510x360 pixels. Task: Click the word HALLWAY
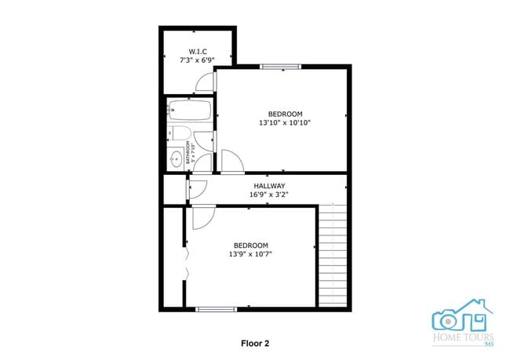(x=268, y=186)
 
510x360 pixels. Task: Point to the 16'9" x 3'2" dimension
(x=268, y=195)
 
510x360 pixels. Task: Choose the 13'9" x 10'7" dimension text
(x=251, y=254)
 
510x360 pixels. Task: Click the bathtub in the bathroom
(x=188, y=111)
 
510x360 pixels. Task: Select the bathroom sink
(x=177, y=160)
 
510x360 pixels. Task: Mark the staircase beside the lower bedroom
(x=332, y=255)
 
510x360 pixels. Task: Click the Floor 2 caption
(x=255, y=343)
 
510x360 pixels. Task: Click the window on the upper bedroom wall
(x=280, y=67)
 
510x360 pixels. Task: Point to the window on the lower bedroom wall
(x=216, y=309)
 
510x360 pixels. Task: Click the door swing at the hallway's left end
(x=197, y=188)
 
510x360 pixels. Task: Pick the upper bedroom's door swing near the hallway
(x=231, y=162)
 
